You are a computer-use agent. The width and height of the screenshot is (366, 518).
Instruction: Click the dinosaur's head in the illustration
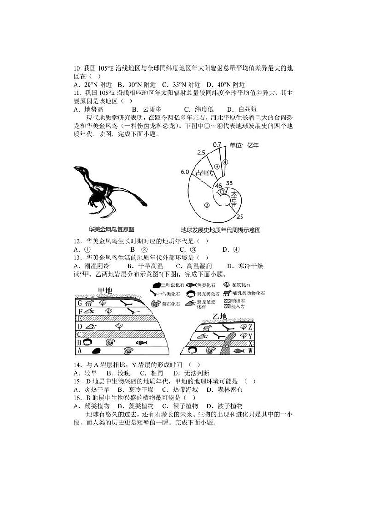(79, 170)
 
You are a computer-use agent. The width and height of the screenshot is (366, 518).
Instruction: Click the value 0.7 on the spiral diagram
(217, 145)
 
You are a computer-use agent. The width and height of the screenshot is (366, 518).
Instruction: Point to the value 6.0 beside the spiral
(185, 172)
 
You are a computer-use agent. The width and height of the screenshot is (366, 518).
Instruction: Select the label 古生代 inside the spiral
(204, 173)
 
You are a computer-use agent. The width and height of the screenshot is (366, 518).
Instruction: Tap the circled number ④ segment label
(225, 162)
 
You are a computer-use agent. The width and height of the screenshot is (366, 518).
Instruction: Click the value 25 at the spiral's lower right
(240, 217)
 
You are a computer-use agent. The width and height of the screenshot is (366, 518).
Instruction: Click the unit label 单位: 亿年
(245, 146)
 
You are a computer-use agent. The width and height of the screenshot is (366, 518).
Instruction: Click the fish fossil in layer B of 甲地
(142, 343)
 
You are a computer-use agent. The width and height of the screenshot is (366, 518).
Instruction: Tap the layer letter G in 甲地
(79, 303)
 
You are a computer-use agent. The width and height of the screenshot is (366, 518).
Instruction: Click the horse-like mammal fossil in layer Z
(207, 328)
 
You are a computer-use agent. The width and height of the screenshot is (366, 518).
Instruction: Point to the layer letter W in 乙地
(251, 351)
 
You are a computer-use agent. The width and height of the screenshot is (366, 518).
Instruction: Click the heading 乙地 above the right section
(220, 316)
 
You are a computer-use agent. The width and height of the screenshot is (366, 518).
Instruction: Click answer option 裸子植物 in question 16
(185, 406)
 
